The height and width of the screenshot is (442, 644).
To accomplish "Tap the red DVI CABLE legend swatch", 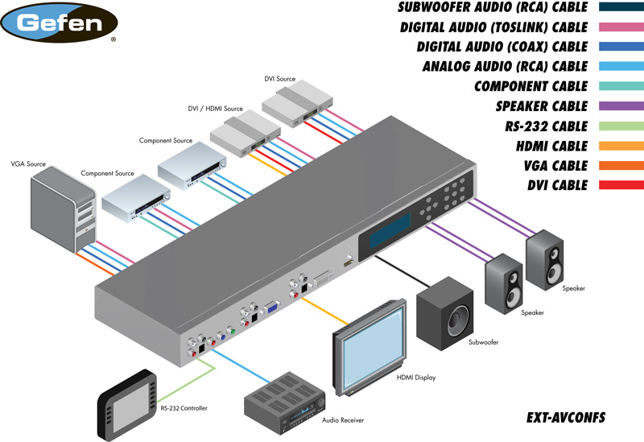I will tap(620, 185).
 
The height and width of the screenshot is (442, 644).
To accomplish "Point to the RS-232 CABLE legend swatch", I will tap(620, 126).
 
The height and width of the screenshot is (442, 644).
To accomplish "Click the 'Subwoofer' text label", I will tap(484, 343).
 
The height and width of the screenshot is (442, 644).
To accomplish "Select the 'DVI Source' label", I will tap(280, 79).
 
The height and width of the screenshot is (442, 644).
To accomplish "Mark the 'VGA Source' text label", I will tap(28, 164).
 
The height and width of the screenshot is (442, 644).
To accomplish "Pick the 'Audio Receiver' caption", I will tap(347, 420).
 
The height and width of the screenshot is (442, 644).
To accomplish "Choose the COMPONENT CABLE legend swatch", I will tap(620, 86).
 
